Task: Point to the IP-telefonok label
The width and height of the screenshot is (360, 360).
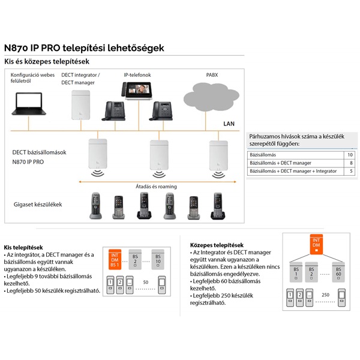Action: (137, 75)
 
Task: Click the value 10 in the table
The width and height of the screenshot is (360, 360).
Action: (349, 155)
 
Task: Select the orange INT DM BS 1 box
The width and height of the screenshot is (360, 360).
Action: (114, 259)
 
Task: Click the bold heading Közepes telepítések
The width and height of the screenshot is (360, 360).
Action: (217, 245)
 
